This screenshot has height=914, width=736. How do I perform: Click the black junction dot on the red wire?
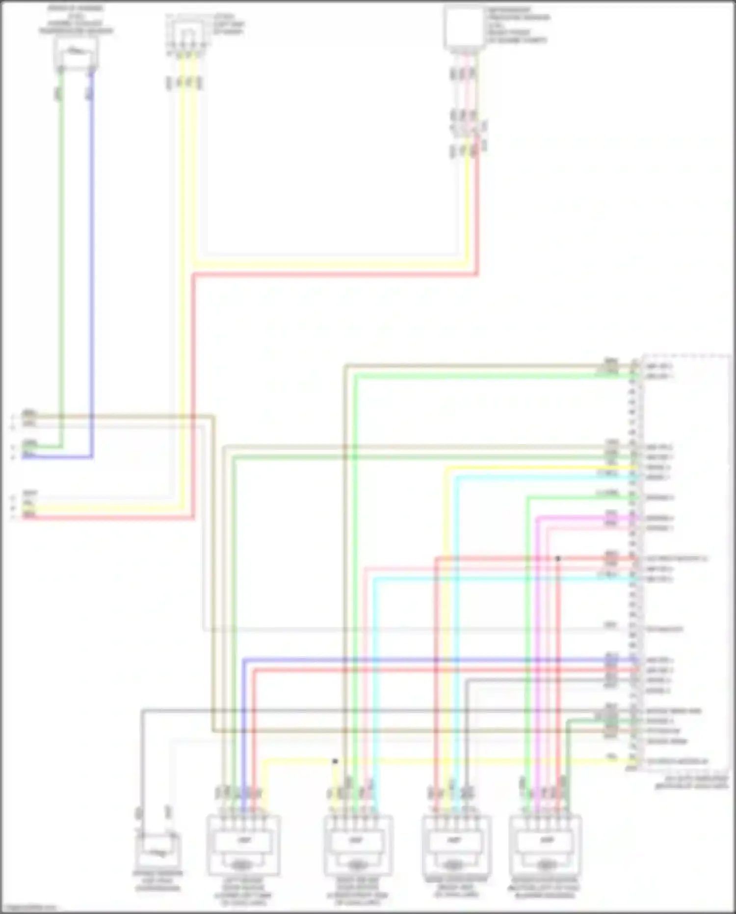(x=558, y=558)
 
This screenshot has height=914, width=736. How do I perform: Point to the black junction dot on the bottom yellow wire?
(x=335, y=761)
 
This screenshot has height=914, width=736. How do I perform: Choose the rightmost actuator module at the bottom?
(x=545, y=845)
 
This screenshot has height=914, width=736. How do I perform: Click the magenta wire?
(x=538, y=638)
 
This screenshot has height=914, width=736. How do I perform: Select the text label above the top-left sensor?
(x=76, y=20)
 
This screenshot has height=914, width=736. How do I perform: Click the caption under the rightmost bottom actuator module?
(x=544, y=888)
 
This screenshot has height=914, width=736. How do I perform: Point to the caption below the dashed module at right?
(x=692, y=782)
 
